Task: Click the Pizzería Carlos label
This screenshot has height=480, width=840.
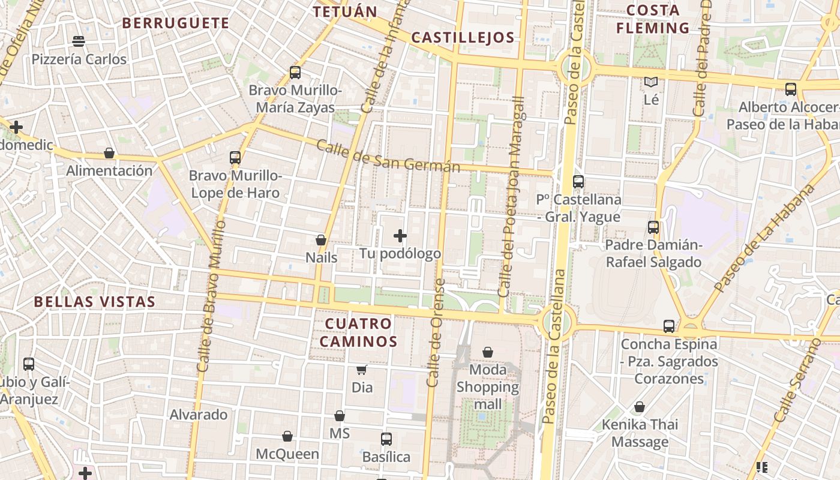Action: pos(79,59)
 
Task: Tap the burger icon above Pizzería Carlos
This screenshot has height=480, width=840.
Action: pos(79,41)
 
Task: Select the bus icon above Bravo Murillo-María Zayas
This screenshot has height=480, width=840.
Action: pos(295,73)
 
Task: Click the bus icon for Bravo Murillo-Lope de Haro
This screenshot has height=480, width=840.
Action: pos(235,158)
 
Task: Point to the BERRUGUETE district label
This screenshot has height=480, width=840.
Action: pos(175,23)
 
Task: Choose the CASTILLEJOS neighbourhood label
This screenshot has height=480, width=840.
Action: pos(463,38)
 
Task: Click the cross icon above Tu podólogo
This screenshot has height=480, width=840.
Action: pos(400,236)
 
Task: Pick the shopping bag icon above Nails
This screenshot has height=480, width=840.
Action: pos(321,240)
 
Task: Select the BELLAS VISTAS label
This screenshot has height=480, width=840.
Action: pos(95,302)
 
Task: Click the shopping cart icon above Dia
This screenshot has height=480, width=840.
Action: pos(362,370)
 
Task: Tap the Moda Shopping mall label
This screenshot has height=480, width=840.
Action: pos(488,387)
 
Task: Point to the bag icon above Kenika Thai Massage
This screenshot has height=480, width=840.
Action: pos(640,407)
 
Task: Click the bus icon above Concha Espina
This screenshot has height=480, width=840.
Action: pos(669,326)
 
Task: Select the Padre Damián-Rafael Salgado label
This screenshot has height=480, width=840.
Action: pos(653,253)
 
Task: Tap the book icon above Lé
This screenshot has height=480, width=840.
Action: pos(651,82)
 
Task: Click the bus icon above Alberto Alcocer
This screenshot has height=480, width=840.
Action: pos(791,89)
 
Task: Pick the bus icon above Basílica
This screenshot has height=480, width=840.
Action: pos(386,439)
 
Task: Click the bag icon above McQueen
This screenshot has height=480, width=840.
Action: pos(287,436)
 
